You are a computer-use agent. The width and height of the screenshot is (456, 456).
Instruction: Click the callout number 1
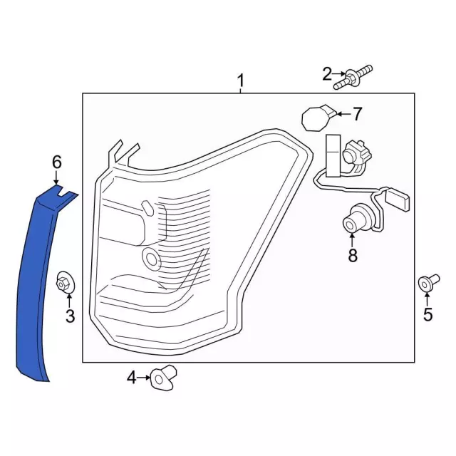pos(241,81)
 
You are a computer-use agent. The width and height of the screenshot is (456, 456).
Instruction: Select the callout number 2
pos(327,74)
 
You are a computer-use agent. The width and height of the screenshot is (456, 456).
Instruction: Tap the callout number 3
pos(70,316)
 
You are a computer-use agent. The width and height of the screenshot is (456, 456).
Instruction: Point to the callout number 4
pos(131,378)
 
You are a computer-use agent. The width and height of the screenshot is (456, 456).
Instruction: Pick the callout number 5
pos(427,314)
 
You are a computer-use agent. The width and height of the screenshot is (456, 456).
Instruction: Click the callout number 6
pos(57,162)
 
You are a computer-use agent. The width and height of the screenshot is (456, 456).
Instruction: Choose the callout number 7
pos(357,114)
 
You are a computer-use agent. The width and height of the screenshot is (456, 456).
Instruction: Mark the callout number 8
pos(353,255)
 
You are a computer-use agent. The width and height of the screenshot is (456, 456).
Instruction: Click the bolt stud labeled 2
pos(353,78)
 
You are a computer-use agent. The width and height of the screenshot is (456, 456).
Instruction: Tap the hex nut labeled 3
pos(65,282)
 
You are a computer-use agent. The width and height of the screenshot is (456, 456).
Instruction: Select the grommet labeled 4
pos(163,378)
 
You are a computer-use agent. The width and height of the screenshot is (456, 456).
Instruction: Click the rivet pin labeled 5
pos(429,282)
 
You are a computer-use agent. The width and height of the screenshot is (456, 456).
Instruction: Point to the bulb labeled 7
pos(318,118)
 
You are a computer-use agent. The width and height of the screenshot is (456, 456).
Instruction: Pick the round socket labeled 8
pos(353,220)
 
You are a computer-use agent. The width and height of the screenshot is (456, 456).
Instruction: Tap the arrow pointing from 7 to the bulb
pos(344,114)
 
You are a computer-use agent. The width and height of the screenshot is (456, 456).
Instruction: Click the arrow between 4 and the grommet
pos(144,378)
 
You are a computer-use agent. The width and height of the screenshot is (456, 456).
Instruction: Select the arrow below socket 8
pos(352,240)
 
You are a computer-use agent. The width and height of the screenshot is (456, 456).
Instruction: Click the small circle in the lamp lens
pos(151,257)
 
